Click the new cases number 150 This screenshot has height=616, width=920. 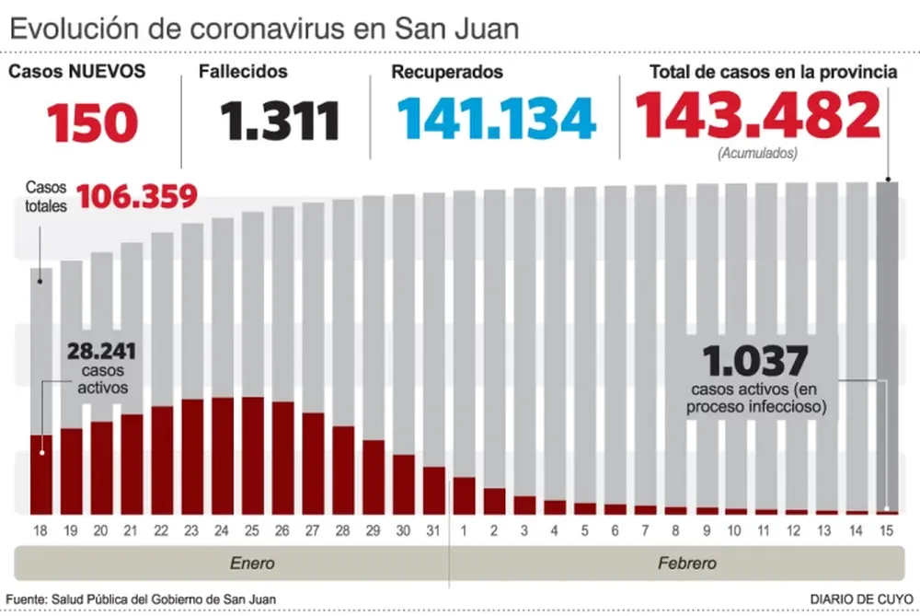point(93,122)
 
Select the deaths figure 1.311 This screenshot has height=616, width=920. point(279,122)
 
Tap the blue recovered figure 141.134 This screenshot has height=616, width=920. point(497,120)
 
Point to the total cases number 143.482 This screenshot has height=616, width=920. point(757,117)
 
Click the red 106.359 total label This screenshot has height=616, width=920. point(137,196)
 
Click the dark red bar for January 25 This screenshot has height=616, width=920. point(252,456)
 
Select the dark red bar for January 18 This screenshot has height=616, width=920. point(41,474)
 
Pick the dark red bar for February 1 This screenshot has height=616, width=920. point(464,495)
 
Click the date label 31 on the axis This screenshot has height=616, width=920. point(433,531)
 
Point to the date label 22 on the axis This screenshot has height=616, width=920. point(162,531)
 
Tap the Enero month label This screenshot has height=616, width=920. point(251,563)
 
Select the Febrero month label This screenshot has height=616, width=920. point(687,563)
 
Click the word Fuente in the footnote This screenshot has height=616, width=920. point(28,599)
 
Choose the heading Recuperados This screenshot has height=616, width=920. point(446,72)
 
